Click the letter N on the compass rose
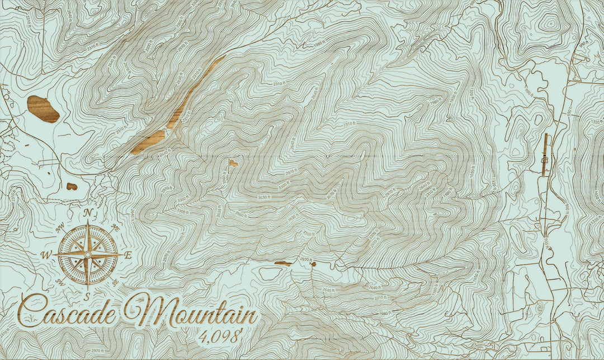pos(88,212)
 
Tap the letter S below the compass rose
pos(87,295)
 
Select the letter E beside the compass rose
pos(128,255)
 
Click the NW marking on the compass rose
pos(60,226)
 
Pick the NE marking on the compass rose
pos(116,227)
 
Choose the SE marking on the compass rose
pos(115,282)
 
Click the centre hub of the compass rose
pos(88,254)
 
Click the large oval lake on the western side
pos(43,109)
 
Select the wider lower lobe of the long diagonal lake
pos(148,141)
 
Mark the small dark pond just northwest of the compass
pos(72,186)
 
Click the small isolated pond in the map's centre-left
pos(233,163)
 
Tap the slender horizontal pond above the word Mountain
pos(283,263)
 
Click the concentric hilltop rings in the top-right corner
pos(550,24)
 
